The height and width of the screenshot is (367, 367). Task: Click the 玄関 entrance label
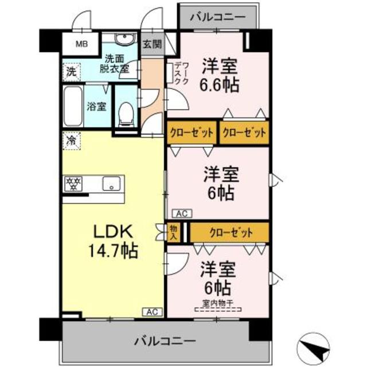[151, 44]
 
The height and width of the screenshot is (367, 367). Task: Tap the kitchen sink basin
[110, 184]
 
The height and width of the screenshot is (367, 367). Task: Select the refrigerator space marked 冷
[72, 139]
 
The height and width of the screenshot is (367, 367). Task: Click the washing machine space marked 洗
[70, 73]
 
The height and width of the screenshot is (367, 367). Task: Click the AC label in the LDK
[151, 312]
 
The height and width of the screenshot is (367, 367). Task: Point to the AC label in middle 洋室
[181, 214]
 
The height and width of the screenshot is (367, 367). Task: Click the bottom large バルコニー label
[165, 341]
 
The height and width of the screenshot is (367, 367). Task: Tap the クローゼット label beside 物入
[230, 232]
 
